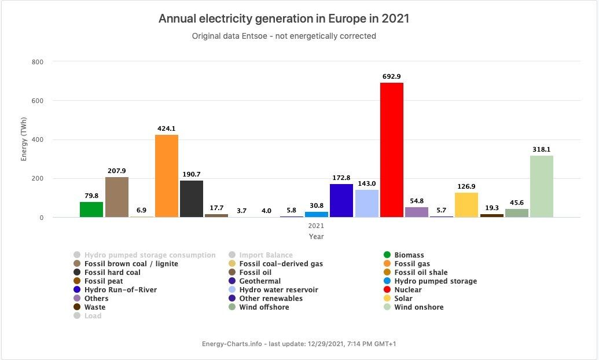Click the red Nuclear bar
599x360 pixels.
pos(392,150)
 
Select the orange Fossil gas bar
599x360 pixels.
pos(167,176)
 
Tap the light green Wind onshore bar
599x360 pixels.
pos(542,186)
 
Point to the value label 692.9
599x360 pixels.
pos(392,76)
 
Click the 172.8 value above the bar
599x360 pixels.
pos(341,178)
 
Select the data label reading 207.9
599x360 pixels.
pos(116,171)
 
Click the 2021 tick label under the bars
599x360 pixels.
pos(316,226)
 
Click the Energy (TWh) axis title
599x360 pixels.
pos(24,139)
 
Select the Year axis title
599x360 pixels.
pos(316,236)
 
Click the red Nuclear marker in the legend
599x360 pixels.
pos(387,290)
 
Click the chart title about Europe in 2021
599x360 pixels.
pos(284,19)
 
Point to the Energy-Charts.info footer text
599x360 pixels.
pos(299,344)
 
